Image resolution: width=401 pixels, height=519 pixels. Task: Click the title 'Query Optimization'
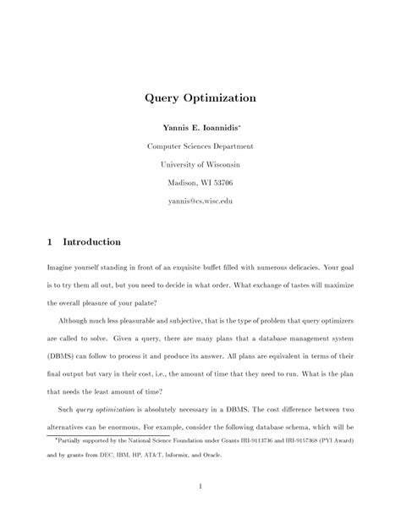coord(200,98)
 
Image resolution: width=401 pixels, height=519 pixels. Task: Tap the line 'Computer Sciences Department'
coord(200,146)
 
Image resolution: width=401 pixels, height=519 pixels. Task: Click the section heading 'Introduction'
coord(92,242)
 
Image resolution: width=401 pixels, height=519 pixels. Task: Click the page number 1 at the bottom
coord(200,486)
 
